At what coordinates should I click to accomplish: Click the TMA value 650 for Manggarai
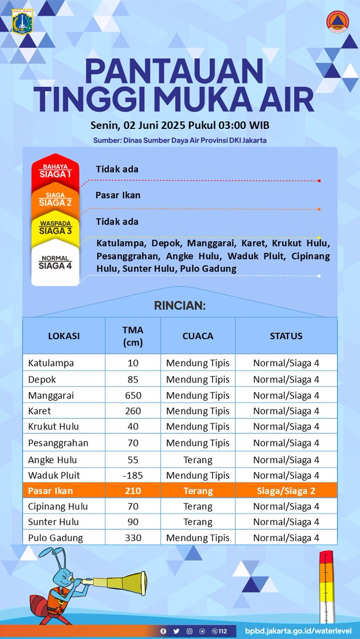(x=133, y=395)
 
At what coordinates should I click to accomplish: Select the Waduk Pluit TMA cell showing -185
(x=133, y=475)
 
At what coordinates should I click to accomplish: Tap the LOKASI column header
(x=64, y=336)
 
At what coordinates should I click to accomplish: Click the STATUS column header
(x=286, y=336)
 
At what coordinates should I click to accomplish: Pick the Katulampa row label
(x=51, y=363)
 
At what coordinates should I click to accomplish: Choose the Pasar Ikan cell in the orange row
(x=51, y=490)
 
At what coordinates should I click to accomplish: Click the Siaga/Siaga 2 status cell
(x=286, y=490)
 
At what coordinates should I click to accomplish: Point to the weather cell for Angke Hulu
(x=198, y=460)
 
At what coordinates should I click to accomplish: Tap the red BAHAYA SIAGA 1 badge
(x=55, y=171)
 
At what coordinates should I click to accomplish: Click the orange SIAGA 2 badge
(x=55, y=200)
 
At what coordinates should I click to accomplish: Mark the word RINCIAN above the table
(x=179, y=306)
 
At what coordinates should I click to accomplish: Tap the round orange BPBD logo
(x=337, y=22)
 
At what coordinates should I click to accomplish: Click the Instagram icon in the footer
(x=190, y=631)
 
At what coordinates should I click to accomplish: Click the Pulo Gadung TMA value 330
(x=133, y=538)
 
